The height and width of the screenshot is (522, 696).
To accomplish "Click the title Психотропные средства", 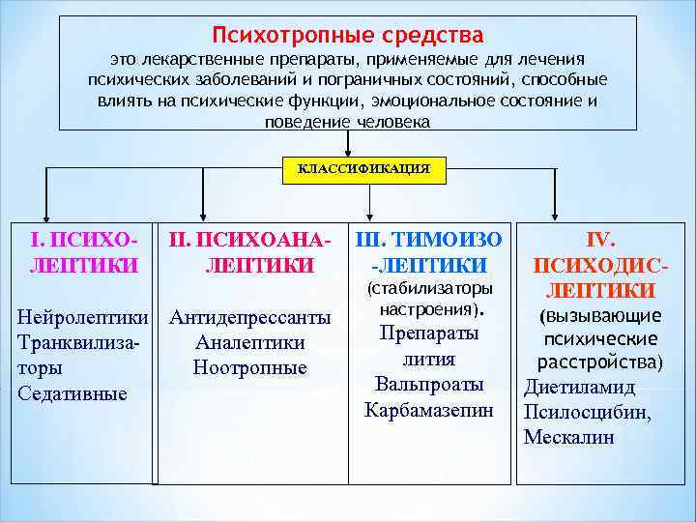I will point(348,37).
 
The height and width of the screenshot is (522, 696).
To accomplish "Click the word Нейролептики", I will point(85,318).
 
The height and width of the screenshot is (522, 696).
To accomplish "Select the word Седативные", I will point(72,393).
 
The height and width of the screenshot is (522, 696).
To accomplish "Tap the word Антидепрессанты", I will point(249,318).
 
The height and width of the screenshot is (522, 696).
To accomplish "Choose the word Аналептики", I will point(249,343).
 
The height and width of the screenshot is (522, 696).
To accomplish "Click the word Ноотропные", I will point(249,367).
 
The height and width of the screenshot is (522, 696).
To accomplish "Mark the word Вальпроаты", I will point(429,385).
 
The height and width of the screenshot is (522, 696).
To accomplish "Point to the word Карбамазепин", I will point(429,410).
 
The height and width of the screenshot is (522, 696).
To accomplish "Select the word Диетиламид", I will point(579,388).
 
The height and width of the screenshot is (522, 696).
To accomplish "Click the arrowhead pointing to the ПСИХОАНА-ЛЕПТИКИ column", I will point(202,215).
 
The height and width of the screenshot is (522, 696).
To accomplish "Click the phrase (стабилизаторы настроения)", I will point(429,300).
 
